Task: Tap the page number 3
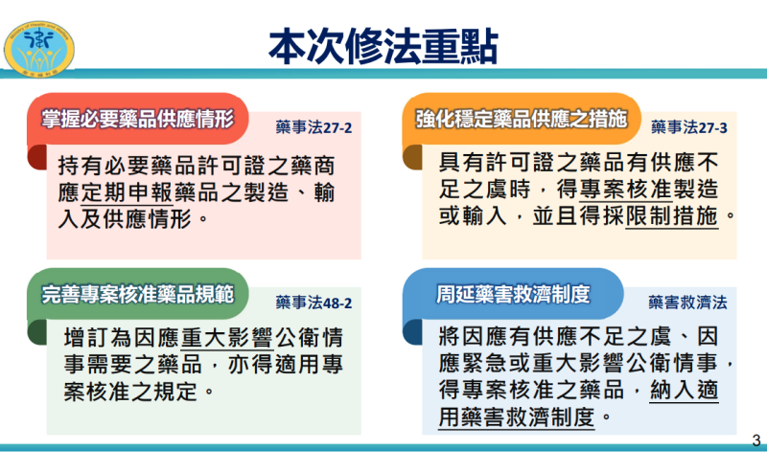(x=755, y=441)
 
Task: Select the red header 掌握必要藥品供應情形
(x=138, y=119)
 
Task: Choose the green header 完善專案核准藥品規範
(x=138, y=293)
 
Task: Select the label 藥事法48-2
(x=314, y=303)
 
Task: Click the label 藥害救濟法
(x=687, y=303)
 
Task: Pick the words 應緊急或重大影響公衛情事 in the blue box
(x=575, y=365)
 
